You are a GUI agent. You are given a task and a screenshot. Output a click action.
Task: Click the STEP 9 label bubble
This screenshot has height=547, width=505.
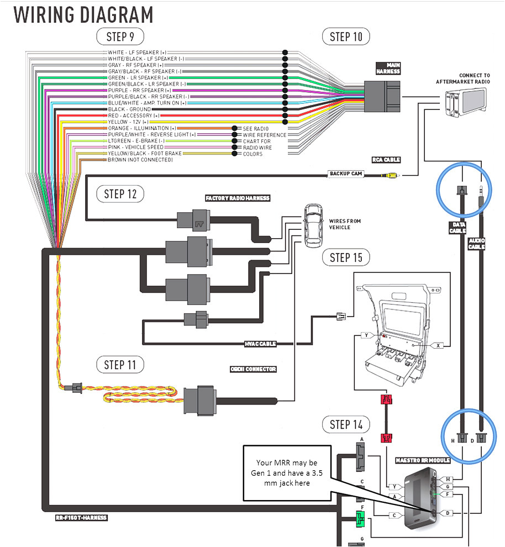click(x=120, y=38)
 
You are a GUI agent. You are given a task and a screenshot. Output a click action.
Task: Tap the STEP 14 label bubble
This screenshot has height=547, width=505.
click(x=346, y=425)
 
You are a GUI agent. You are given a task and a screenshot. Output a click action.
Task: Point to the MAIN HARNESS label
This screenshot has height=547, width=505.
click(x=388, y=69)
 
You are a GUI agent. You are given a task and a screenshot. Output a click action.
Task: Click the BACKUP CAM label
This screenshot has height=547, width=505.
click(x=346, y=173)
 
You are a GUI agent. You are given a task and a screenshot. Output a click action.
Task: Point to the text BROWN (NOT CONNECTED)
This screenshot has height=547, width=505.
click(x=140, y=160)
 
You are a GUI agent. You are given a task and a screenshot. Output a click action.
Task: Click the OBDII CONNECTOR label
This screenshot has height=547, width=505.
click(x=254, y=369)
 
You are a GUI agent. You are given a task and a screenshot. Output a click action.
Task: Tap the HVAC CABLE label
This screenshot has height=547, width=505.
click(x=260, y=344)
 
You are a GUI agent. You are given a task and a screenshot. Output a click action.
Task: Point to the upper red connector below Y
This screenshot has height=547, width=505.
click(x=387, y=400)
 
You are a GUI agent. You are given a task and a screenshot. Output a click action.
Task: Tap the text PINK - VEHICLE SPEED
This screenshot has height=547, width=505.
click(x=135, y=148)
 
